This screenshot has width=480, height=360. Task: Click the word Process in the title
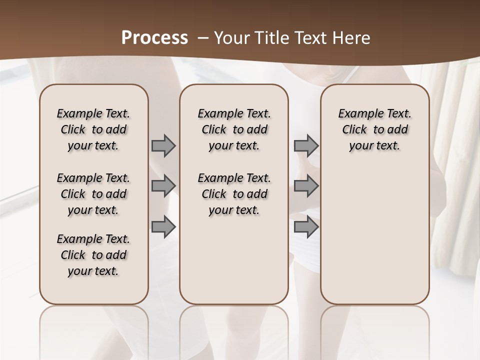[x=154, y=38]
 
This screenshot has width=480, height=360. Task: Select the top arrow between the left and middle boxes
[x=163, y=145]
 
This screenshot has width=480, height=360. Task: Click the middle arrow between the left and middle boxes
[x=163, y=185]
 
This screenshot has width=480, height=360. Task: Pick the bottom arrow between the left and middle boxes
[x=163, y=226]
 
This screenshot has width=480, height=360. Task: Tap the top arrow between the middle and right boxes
[x=306, y=145]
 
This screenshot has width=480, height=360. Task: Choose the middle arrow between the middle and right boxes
[x=306, y=185]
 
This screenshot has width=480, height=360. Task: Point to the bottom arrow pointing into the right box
[x=306, y=226]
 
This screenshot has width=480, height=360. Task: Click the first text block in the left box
[x=93, y=129]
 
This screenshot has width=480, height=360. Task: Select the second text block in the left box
[x=93, y=194]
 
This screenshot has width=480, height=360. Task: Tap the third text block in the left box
[x=93, y=255]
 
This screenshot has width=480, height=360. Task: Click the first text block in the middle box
[x=234, y=129]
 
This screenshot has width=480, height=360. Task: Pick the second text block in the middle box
[x=234, y=194]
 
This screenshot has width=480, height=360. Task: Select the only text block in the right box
[x=374, y=129]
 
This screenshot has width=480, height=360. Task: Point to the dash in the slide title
[x=203, y=38]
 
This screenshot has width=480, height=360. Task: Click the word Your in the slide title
[x=229, y=38]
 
